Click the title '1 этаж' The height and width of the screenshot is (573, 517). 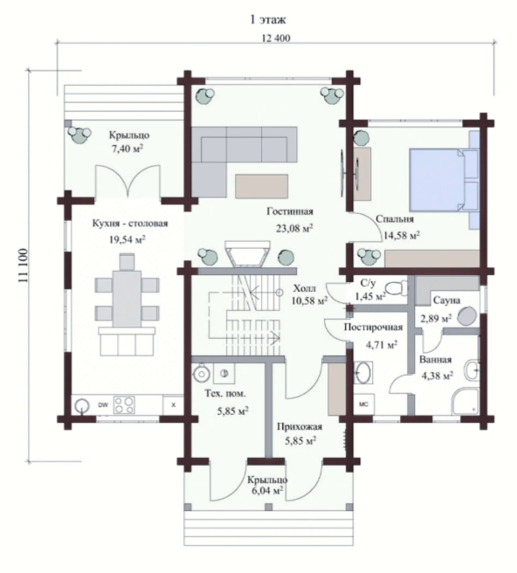tap(268, 20)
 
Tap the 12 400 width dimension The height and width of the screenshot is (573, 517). tap(276, 38)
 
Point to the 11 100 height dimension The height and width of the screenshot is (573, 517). tap(23, 266)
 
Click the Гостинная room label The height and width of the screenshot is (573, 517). tap(290, 211)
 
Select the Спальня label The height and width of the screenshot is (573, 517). tap(395, 219)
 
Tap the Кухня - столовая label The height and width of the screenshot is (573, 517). tap(130, 224)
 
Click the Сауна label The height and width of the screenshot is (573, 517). tap(446, 300)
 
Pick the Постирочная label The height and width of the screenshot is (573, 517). tap(373, 328)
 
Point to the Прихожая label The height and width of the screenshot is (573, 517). tap(300, 426)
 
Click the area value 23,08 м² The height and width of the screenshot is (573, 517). tap(294, 228)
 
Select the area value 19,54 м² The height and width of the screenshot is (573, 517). tap(128, 239)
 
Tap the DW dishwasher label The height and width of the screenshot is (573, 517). tap(103, 405)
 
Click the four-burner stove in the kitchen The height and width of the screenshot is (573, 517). tap(124, 405)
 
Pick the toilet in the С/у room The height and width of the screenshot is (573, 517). tap(396, 288)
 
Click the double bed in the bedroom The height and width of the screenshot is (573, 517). tap(444, 180)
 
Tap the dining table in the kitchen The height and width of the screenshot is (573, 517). tap(127, 299)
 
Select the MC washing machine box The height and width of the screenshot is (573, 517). tap(363, 404)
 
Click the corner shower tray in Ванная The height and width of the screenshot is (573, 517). tap(465, 402)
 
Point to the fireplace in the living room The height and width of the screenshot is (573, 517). tap(247, 253)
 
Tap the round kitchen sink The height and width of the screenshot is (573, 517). tap(82, 405)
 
